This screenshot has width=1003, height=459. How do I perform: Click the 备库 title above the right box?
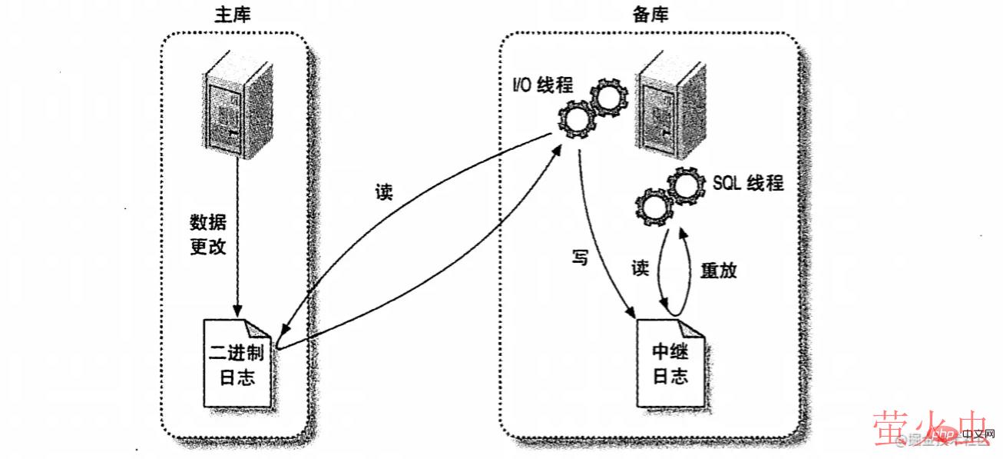pyautogui.click(x=650, y=15)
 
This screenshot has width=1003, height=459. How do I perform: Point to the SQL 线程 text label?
pyautogui.click(x=748, y=183)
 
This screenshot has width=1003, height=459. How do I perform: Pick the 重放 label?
pyautogui.click(x=719, y=269)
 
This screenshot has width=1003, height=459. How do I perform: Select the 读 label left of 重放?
pyautogui.click(x=641, y=268)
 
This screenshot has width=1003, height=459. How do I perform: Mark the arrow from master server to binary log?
pyautogui.click(x=238, y=246)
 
